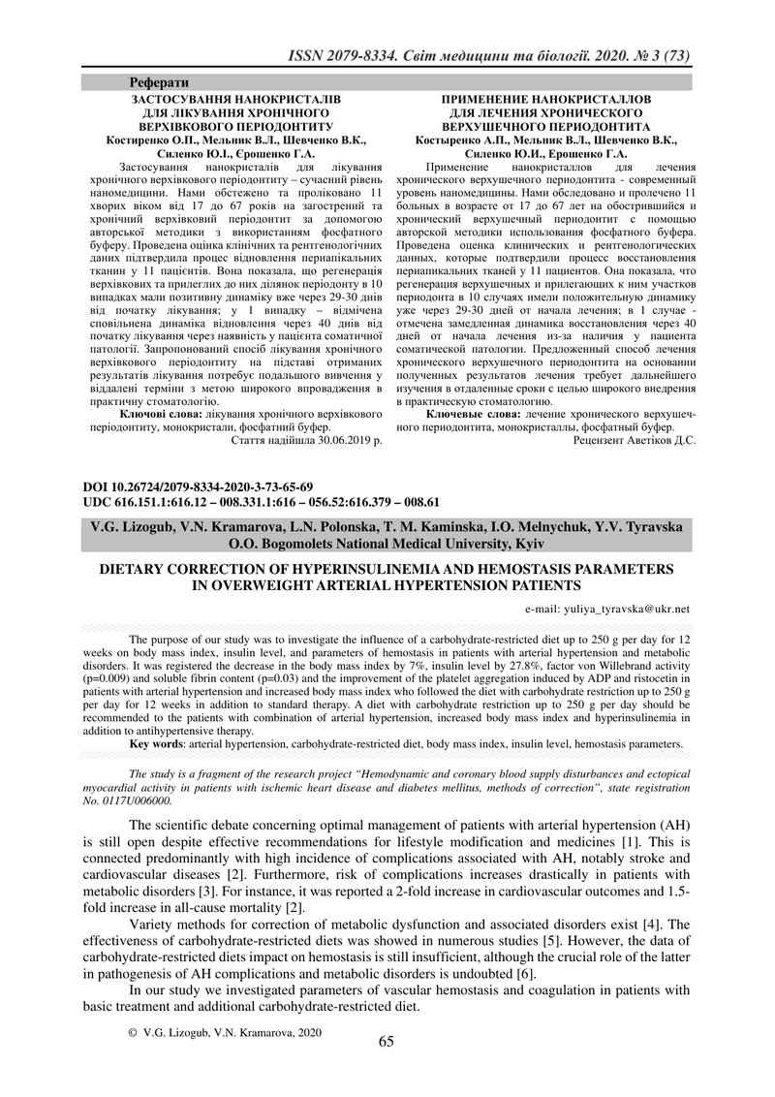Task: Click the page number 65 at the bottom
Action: click(386, 1042)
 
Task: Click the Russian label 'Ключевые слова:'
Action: click(468, 414)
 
